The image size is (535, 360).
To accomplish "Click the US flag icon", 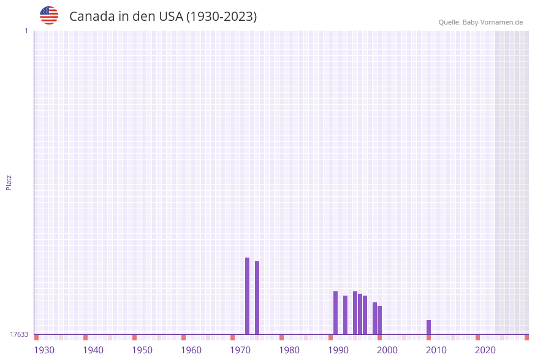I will [x=49, y=15].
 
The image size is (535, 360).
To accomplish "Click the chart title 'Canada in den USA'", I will [x=162, y=17].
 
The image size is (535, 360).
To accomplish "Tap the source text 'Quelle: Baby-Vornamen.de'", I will [x=480, y=22].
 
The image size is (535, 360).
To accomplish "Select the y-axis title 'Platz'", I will [x=9, y=182].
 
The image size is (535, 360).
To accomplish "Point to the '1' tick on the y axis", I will [x=26, y=31].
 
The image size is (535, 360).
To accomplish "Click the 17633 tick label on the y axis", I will [x=19, y=334].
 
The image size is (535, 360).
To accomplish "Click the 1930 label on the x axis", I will [x=44, y=350].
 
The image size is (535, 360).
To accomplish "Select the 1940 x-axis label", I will [x=93, y=350].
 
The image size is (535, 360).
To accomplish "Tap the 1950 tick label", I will [x=142, y=350].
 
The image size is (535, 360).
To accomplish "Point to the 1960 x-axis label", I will [x=191, y=350].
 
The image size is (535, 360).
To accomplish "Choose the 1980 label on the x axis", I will [x=289, y=350].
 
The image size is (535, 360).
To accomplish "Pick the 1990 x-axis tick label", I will [x=338, y=350].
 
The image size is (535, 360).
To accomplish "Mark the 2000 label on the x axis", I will [x=387, y=350].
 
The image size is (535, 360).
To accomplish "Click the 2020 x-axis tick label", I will [x=485, y=350].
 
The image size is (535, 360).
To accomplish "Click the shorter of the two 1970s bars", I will [x=257, y=297].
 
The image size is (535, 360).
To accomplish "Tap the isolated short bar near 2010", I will [x=429, y=327].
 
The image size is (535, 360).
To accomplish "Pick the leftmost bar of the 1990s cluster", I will [x=336, y=313].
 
